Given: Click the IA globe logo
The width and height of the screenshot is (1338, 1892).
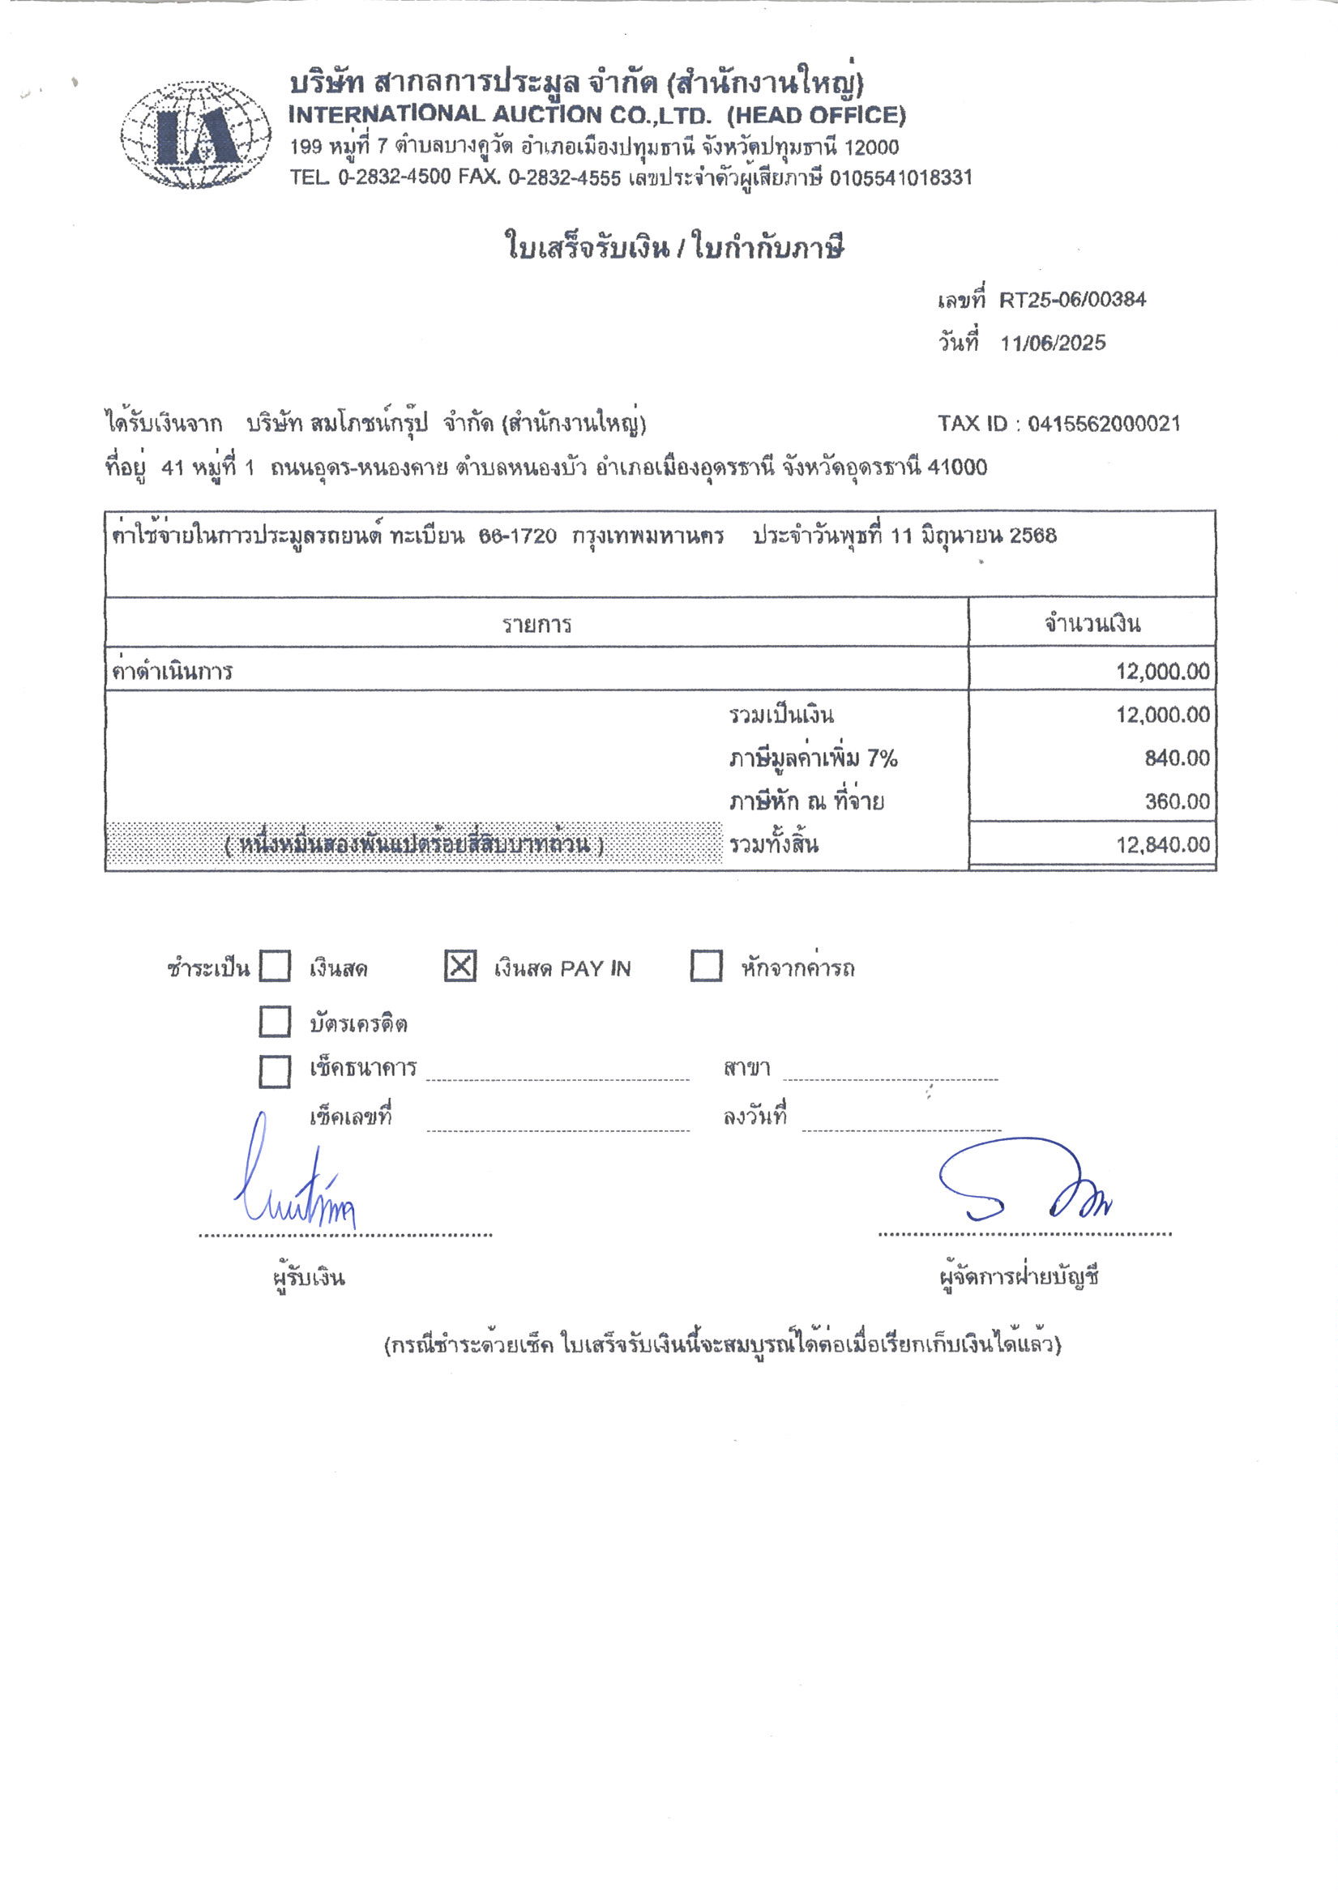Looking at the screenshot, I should (195, 135).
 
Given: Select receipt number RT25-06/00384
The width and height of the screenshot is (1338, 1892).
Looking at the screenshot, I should (1071, 300).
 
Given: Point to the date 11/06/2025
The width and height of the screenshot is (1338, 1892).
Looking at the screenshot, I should (1053, 344).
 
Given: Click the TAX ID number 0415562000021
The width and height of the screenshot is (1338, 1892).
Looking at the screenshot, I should (1104, 425).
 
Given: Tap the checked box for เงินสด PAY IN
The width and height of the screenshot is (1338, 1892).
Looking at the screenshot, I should (460, 966).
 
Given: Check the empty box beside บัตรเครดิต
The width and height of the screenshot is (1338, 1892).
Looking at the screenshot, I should (275, 1022).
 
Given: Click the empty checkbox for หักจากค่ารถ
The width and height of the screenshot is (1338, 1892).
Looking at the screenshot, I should (706, 966).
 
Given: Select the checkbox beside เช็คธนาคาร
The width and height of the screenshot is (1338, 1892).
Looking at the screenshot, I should (275, 1071).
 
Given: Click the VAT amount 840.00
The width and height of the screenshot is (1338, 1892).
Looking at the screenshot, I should (1177, 758).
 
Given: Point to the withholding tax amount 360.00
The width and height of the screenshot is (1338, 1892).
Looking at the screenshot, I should (1177, 802).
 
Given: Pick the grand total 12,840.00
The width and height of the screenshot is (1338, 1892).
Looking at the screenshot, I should (1162, 844).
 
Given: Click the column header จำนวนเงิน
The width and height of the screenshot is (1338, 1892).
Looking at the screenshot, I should (1092, 624).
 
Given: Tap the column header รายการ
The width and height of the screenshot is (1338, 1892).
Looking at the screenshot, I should (536, 625).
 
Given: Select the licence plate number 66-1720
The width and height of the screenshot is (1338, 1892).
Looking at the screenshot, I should (517, 536).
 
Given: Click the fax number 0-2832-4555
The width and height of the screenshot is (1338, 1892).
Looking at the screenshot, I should (564, 178).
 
